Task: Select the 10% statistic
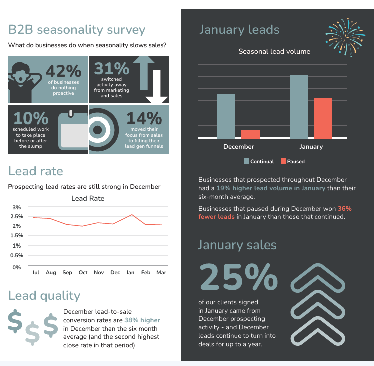tap(31, 118)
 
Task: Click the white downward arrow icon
tap(156, 86)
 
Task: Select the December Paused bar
tap(250, 134)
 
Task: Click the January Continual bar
tap(299, 106)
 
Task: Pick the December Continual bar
tap(226, 115)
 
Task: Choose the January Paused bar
tap(323, 117)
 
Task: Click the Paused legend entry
tap(292, 161)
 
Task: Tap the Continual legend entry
tap(259, 161)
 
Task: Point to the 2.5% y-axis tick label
tap(17, 217)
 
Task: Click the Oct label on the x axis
tap(83, 272)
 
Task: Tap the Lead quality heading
tap(44, 295)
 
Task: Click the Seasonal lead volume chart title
tap(274, 51)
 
